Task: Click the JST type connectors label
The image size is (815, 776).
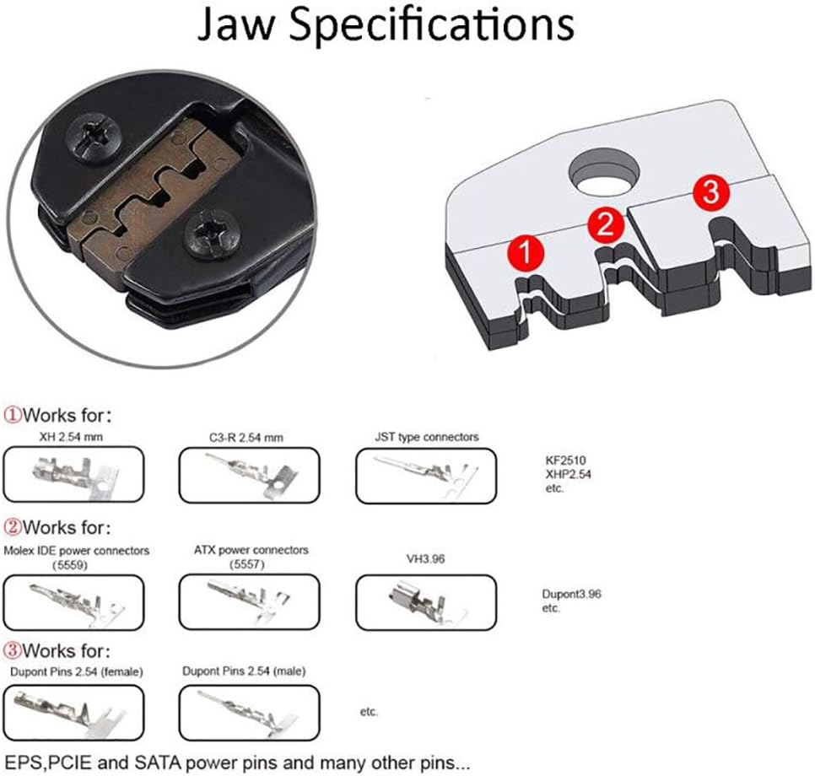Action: tap(427, 437)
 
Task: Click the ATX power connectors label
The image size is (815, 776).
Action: tap(251, 550)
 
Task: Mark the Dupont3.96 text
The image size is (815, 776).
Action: tap(571, 595)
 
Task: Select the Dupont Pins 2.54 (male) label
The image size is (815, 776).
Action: tap(244, 671)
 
